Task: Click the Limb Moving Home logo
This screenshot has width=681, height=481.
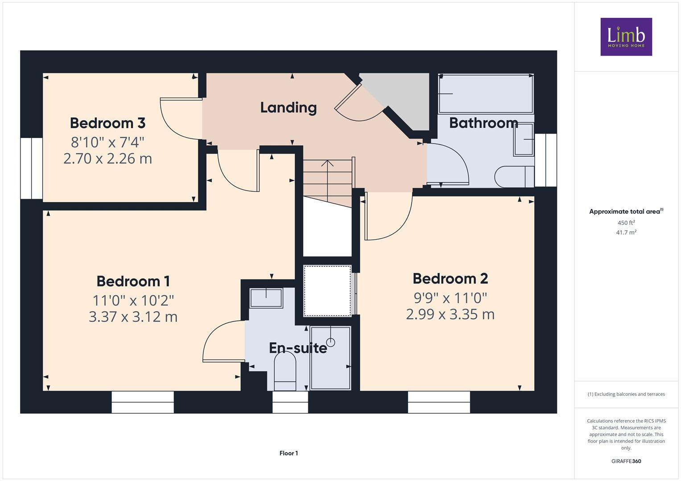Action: point(626,37)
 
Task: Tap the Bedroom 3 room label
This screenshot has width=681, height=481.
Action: point(107,123)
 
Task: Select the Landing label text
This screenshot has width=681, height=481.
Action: point(288,107)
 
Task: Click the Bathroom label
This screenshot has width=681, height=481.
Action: point(483,123)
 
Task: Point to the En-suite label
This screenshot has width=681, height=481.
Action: point(297,348)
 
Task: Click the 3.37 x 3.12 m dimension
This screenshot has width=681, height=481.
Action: point(133,317)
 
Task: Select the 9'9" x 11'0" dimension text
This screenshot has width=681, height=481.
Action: point(450,297)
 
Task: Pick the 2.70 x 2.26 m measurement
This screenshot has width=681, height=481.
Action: point(107,159)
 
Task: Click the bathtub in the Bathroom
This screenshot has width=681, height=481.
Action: point(486,94)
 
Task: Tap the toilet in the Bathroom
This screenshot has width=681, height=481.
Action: point(513,177)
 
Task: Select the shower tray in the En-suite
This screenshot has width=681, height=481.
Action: point(330,359)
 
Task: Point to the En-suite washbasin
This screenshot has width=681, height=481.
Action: point(266,298)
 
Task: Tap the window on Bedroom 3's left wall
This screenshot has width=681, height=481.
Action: point(31,168)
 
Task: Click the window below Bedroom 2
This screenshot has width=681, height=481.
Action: point(439,402)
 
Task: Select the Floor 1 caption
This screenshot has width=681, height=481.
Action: point(289,453)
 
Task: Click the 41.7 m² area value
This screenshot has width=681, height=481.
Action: point(626,232)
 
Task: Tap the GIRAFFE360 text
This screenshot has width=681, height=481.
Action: point(626,461)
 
